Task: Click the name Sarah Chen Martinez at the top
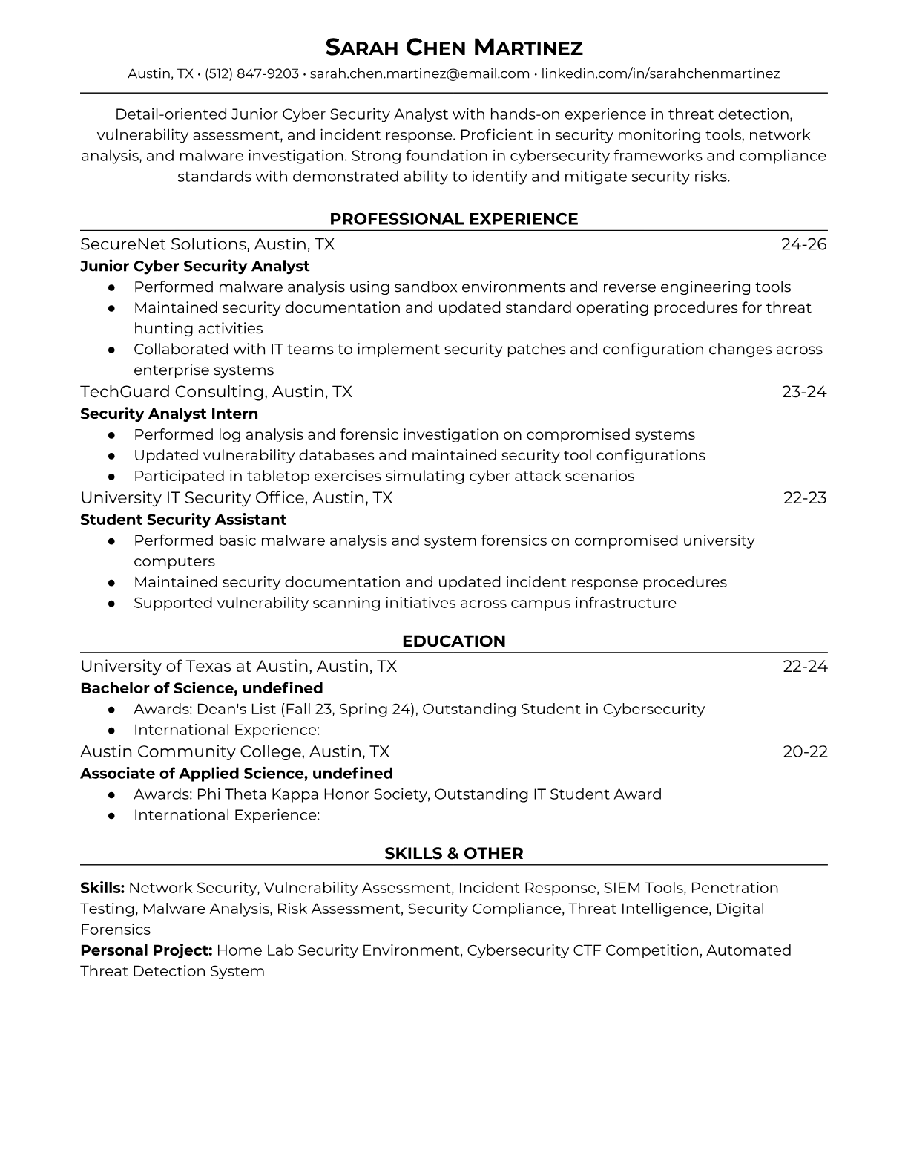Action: point(454,48)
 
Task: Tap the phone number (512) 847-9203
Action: point(251,73)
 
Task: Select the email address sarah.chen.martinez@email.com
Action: point(419,73)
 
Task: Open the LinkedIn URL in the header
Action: point(660,73)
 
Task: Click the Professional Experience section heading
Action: point(454,219)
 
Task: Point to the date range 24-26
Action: point(803,244)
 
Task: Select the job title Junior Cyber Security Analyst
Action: point(194,266)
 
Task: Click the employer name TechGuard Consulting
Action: point(173,391)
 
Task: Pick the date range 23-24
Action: point(803,391)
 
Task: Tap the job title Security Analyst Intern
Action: point(169,414)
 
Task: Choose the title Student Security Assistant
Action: point(183,520)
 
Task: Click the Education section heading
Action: point(454,641)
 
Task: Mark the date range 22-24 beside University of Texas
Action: point(805,666)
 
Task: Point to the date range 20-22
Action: point(805,751)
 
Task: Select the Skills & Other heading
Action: point(454,854)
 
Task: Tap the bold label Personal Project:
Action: point(146,950)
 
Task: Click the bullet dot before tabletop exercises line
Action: point(111,477)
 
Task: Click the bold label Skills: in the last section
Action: point(102,888)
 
